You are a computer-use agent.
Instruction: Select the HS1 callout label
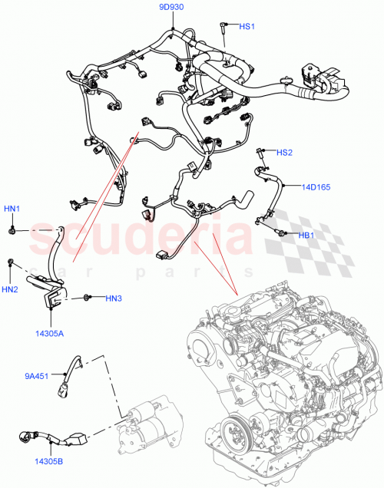point(247,27)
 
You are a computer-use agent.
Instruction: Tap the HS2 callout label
point(284,153)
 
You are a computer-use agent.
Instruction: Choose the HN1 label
point(12,209)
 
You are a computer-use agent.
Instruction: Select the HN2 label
point(10,289)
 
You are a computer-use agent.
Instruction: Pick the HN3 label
point(114,298)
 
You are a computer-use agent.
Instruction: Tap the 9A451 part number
point(36,376)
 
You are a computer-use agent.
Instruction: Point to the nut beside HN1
point(15,229)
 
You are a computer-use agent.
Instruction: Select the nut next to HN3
point(89,296)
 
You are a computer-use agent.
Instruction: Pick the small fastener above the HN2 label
point(11,264)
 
